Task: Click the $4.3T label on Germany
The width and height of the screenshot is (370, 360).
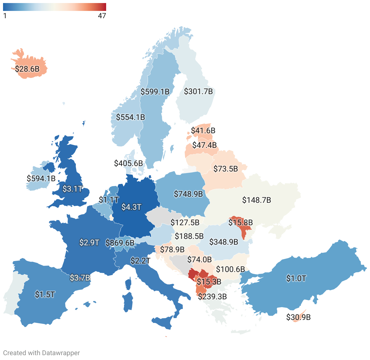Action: (x=131, y=207)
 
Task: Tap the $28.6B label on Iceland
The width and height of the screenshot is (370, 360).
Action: (x=27, y=69)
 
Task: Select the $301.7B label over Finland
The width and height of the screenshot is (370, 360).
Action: (x=198, y=91)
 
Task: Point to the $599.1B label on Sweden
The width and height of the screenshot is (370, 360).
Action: (x=155, y=91)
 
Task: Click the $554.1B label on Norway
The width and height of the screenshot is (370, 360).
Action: (x=131, y=117)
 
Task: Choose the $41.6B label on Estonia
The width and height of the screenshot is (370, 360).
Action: (x=203, y=131)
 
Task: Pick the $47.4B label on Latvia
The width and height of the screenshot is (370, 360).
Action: (x=204, y=145)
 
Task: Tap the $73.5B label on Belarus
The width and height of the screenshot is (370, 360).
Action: (x=226, y=169)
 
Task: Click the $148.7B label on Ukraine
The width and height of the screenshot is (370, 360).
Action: (x=257, y=200)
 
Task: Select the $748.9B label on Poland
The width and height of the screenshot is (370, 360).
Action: (x=188, y=194)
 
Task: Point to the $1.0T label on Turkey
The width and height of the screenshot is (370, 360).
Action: (x=296, y=278)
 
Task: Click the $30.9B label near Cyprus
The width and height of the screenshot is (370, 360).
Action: (x=298, y=317)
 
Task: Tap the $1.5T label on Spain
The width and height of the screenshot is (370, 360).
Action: (x=45, y=294)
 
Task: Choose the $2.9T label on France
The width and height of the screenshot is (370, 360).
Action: (x=89, y=243)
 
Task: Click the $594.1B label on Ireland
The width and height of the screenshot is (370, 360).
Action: (x=41, y=178)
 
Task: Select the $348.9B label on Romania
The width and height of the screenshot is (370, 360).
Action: (x=224, y=242)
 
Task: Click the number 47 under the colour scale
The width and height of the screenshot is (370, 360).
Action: (x=102, y=16)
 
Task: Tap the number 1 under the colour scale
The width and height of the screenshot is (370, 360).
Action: (x=5, y=16)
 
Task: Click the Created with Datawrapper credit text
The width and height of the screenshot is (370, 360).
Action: (x=42, y=353)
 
